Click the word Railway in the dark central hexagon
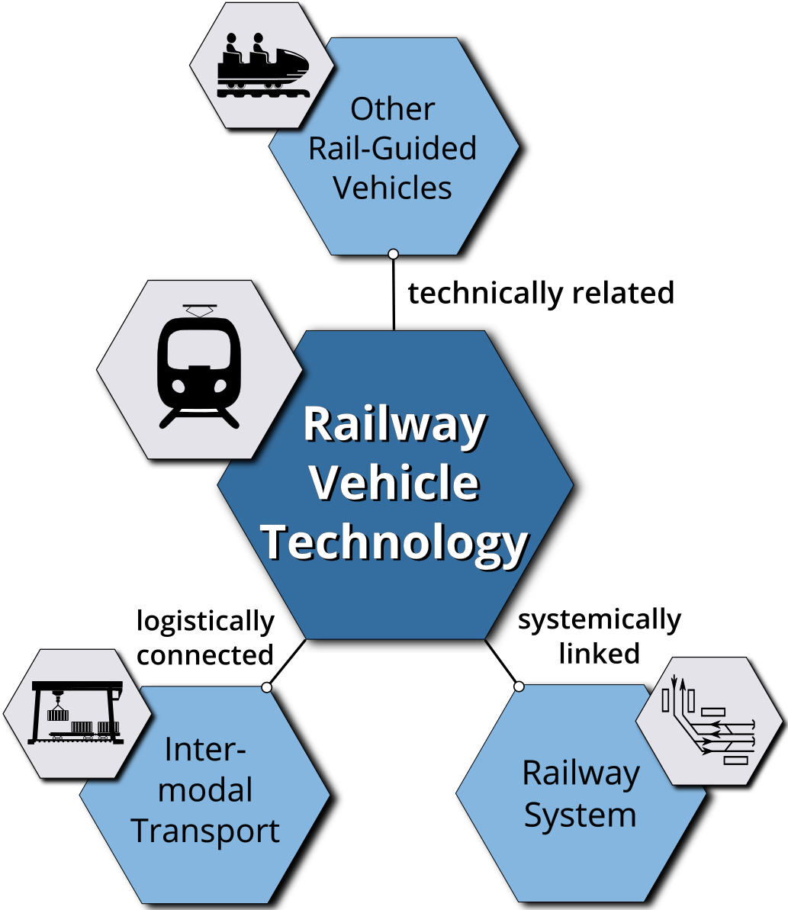[x=394, y=426]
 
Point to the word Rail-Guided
[x=392, y=148]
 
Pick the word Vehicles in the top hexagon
[x=392, y=188]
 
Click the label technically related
[x=541, y=294]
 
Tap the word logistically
[x=205, y=622]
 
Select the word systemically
[x=600, y=620]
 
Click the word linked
[x=600, y=654]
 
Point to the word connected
[x=205, y=655]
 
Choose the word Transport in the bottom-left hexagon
[x=205, y=831]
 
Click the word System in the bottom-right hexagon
[x=581, y=816]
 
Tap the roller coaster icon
[x=263, y=64]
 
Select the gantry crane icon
[x=76, y=712]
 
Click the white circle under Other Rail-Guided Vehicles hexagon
[x=394, y=253]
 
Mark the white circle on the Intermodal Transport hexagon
[x=267, y=687]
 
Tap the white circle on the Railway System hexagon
[x=519, y=687]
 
